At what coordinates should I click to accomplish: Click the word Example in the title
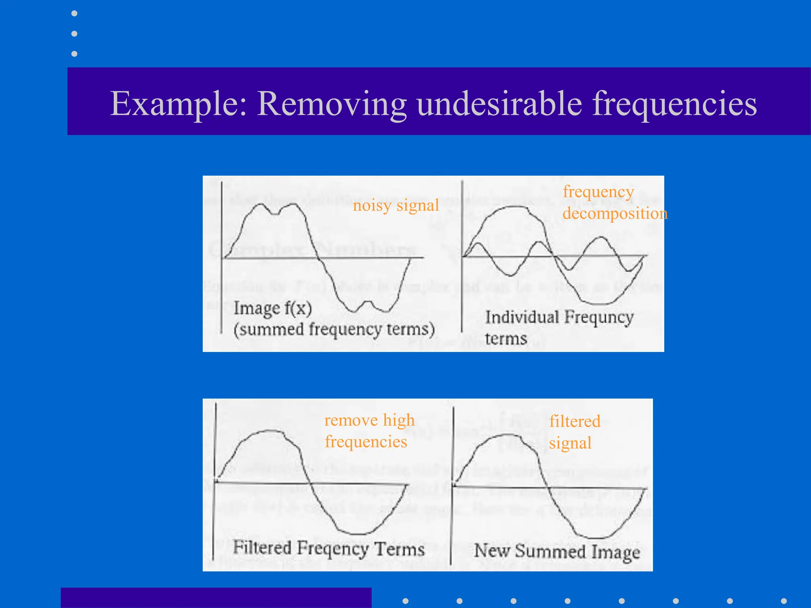pyautogui.click(x=178, y=104)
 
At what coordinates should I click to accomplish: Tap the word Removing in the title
pyautogui.click(x=332, y=104)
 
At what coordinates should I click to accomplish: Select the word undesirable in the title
pyautogui.click(x=499, y=104)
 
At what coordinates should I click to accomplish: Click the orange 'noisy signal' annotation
pyautogui.click(x=396, y=205)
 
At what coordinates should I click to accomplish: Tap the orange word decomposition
pyautogui.click(x=615, y=213)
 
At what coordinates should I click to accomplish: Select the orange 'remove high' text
pyautogui.click(x=369, y=420)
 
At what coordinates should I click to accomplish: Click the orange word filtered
pyautogui.click(x=575, y=421)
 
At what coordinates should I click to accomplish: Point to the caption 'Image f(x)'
pyautogui.click(x=272, y=308)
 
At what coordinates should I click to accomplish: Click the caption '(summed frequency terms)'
pyautogui.click(x=334, y=329)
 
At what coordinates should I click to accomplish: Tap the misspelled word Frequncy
pyautogui.click(x=599, y=317)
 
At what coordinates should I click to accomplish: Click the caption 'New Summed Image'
pyautogui.click(x=557, y=551)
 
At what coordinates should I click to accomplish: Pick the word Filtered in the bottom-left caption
pyautogui.click(x=262, y=547)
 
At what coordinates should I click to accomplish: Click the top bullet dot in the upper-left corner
pyautogui.click(x=74, y=13)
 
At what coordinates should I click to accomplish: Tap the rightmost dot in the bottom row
pyautogui.click(x=784, y=601)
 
